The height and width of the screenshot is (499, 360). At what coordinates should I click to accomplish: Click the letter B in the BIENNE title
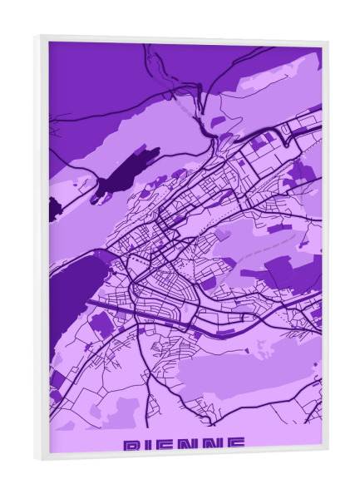131,446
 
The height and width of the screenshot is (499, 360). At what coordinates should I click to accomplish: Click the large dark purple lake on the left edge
75,283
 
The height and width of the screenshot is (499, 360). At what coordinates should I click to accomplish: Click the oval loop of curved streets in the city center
166,287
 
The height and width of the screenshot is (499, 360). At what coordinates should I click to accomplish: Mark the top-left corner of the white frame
37,37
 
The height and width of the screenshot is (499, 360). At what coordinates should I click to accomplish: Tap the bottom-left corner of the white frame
37,459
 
